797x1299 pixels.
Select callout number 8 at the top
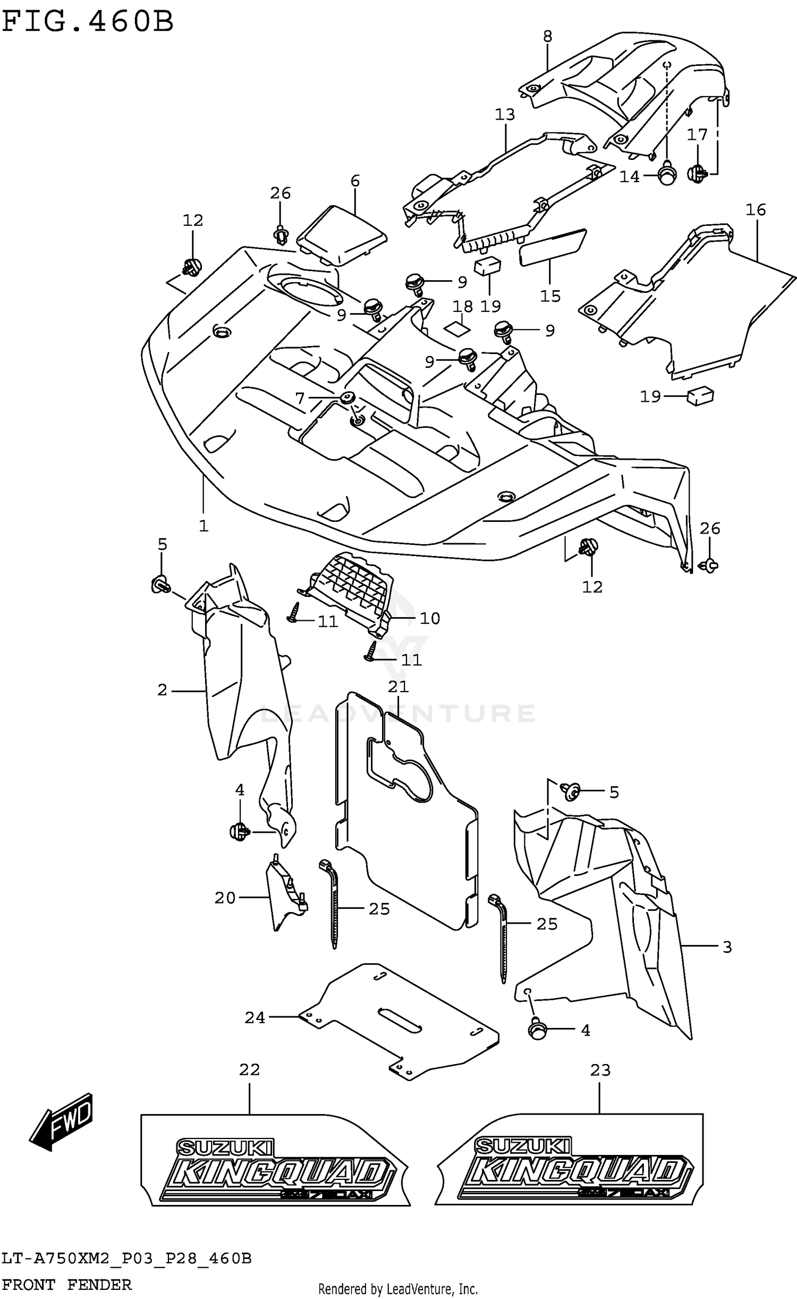coord(547,36)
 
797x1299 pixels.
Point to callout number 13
coord(505,114)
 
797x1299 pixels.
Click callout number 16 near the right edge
coord(755,210)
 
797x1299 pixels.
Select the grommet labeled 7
coord(349,398)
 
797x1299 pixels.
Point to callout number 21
coord(398,687)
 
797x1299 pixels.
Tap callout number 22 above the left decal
coord(249,1069)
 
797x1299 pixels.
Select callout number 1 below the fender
coord(204,526)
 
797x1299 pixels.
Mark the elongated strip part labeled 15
coord(552,247)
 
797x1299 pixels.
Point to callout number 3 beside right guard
coord(727,947)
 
